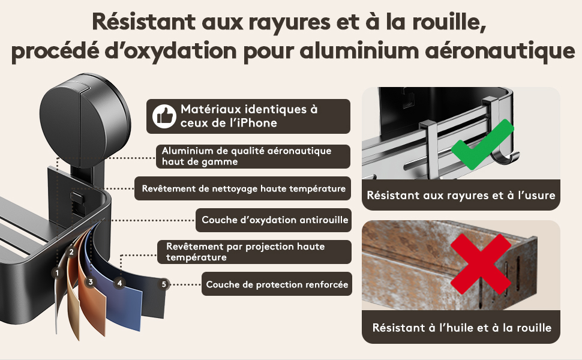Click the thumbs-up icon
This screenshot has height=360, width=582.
(x=164, y=116)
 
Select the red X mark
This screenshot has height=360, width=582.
(x=481, y=264)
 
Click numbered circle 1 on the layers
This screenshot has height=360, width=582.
(x=57, y=274)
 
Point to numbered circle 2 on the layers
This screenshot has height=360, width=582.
(x=71, y=253)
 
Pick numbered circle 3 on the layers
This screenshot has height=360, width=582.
(x=90, y=282)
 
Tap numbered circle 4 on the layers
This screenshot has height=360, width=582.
(x=119, y=283)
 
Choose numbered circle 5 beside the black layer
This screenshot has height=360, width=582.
(x=164, y=284)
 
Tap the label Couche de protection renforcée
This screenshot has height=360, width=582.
(x=277, y=284)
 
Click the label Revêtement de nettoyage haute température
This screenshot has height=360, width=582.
(x=243, y=188)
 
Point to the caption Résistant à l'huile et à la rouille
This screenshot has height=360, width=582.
(x=461, y=328)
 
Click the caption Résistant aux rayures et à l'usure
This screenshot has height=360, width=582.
(x=461, y=195)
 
